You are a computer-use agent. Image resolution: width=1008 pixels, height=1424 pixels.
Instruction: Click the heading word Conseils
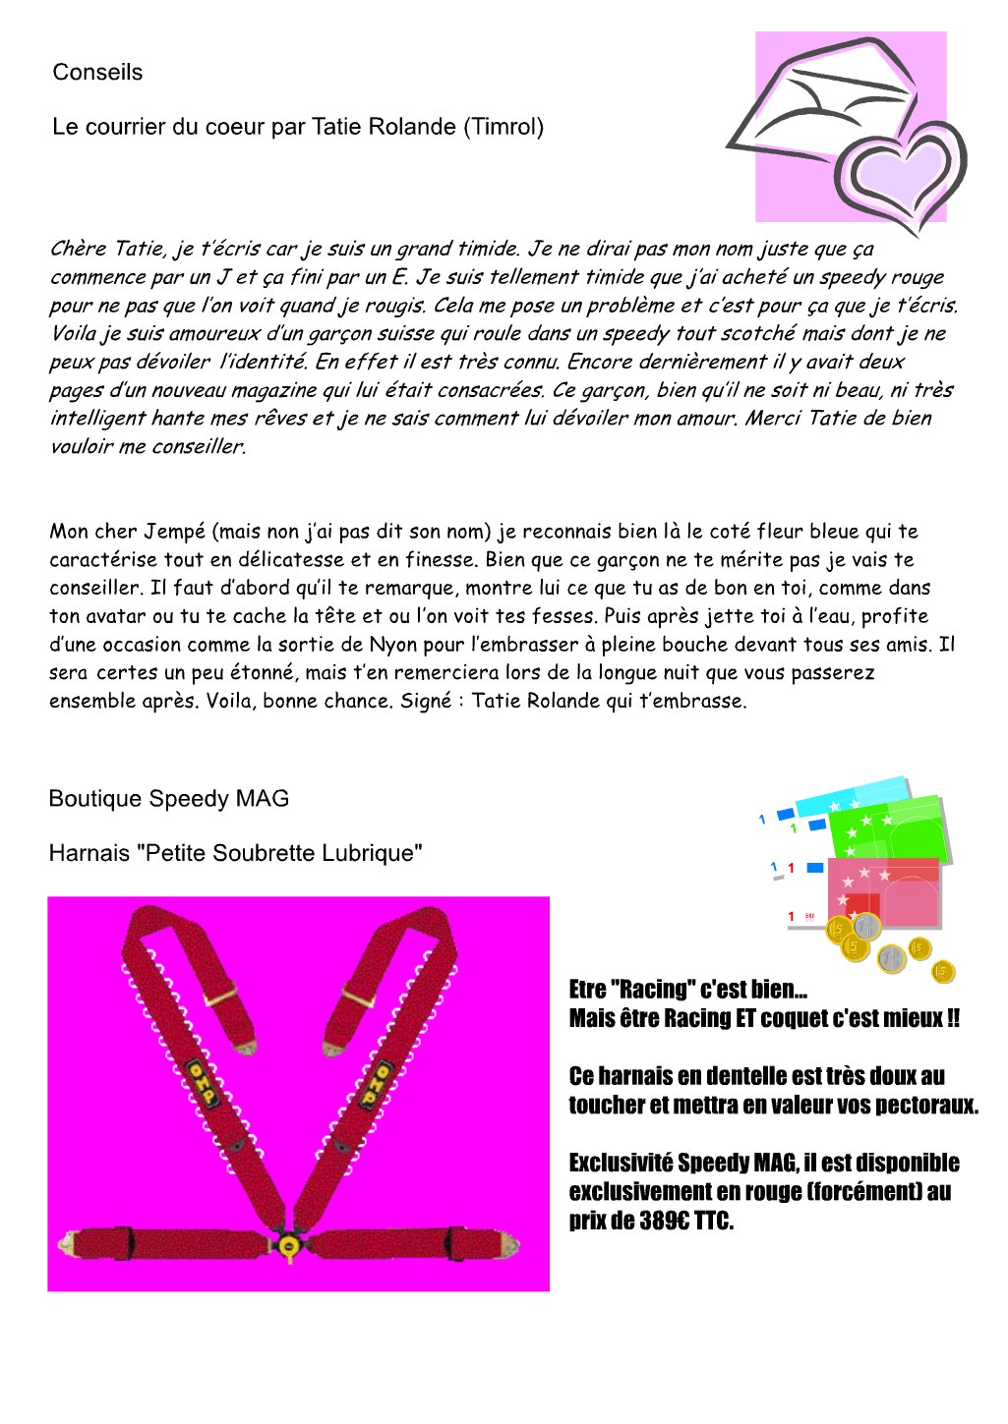coord(97,73)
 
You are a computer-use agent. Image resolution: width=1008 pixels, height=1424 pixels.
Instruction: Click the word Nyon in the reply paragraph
coord(393,645)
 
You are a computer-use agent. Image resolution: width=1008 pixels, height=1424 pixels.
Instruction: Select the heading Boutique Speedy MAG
coord(168,799)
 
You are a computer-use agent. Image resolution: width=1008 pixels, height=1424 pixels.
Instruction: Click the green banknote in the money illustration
coord(891,830)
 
